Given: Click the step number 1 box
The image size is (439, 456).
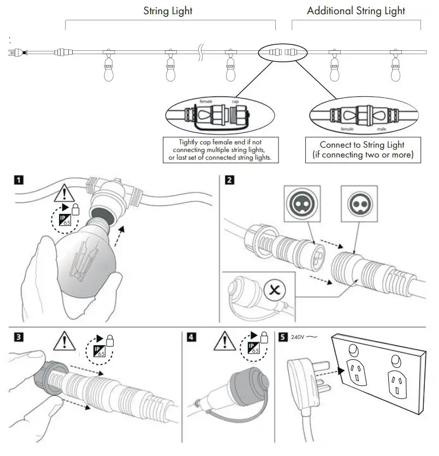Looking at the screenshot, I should [19, 179].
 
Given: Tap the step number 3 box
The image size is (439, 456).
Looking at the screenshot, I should [19, 337].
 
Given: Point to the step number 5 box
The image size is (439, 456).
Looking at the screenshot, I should [283, 337].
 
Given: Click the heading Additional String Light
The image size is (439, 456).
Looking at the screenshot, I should [355, 11].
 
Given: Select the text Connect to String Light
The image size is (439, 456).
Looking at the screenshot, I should [362, 145].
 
